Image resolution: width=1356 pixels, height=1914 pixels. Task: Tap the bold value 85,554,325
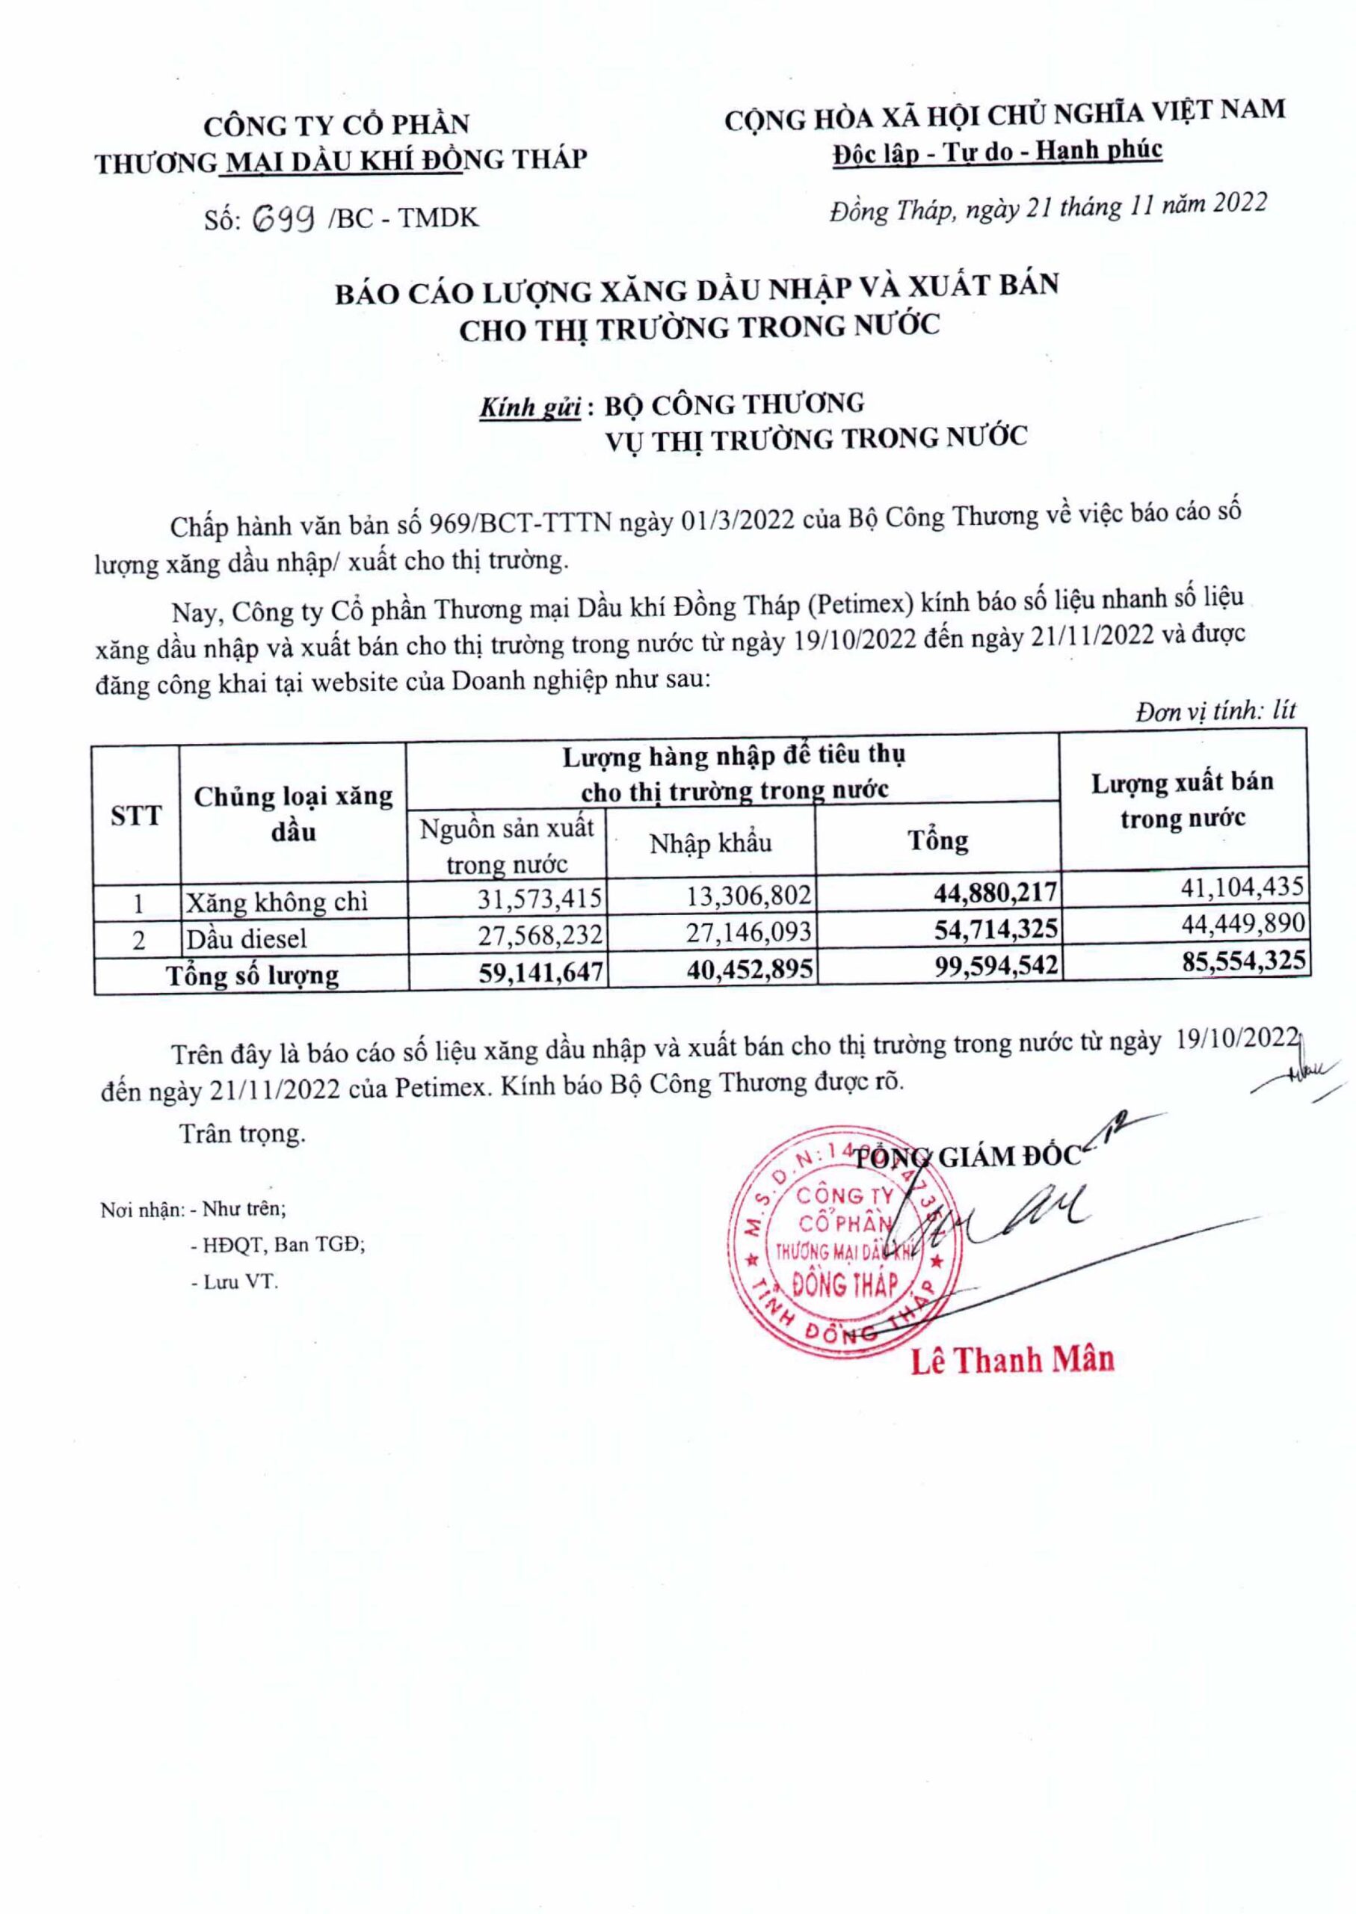pyautogui.click(x=1235, y=961)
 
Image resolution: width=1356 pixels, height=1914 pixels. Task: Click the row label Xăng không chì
pyautogui.click(x=277, y=902)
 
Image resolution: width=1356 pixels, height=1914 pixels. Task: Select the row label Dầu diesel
pyautogui.click(x=247, y=938)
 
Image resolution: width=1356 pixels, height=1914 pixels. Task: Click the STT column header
pyautogui.click(x=136, y=816)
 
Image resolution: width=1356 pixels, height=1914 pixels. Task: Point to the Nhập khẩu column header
pyautogui.click(x=711, y=843)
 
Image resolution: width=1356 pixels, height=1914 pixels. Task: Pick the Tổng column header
pyautogui.click(x=937, y=840)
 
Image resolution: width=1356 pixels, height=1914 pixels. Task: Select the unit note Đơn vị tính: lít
pyautogui.click(x=1215, y=711)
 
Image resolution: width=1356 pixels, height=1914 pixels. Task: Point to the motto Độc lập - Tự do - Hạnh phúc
pyautogui.click(x=997, y=150)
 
